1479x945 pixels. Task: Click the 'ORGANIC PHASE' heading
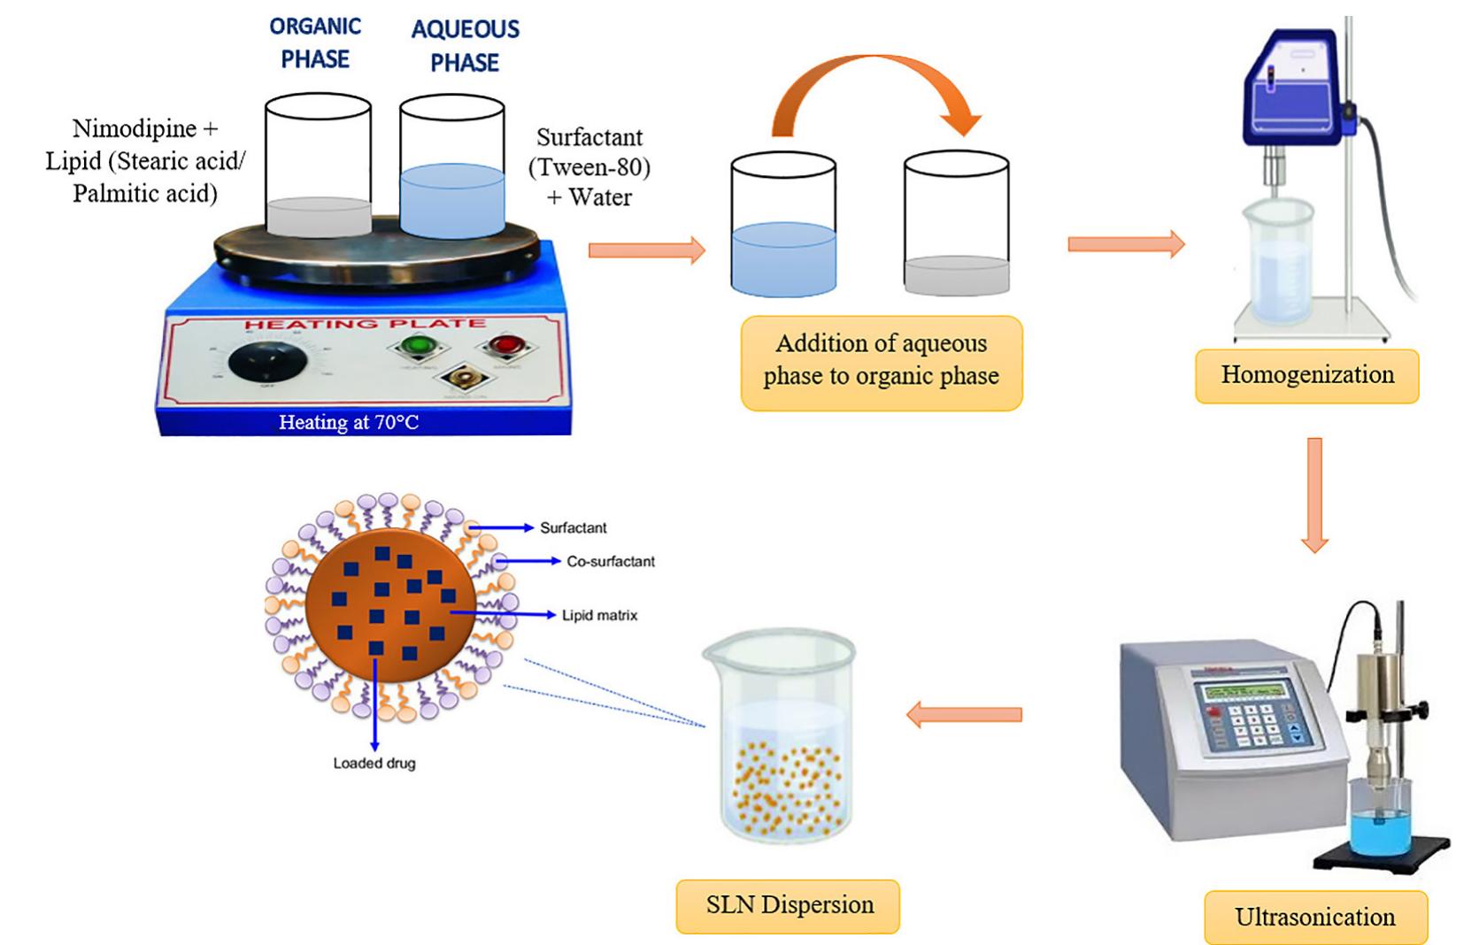click(315, 42)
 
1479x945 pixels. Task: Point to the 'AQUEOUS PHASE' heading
click(465, 46)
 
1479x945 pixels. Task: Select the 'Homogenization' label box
click(1306, 375)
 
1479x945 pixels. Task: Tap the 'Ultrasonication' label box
click(1314, 917)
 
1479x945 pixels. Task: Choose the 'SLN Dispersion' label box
click(788, 905)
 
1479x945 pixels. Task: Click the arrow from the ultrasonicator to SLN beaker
click(964, 713)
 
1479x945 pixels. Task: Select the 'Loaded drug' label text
click(374, 763)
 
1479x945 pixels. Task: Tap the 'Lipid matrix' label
click(599, 615)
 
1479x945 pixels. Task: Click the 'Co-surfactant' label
click(610, 561)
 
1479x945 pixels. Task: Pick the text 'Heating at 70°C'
click(349, 422)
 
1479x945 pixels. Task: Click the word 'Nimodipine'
click(134, 128)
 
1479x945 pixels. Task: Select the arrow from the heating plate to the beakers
click(646, 250)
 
